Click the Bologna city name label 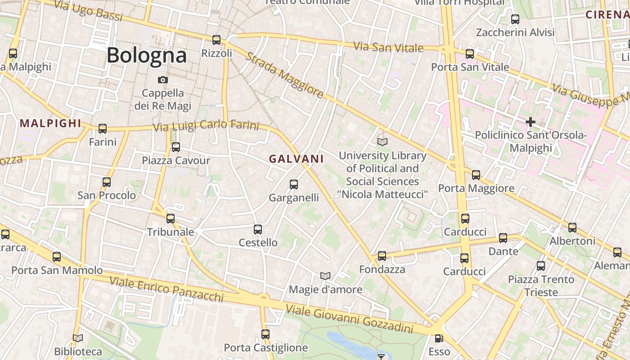pos(146,55)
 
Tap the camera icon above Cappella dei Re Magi pos(163,80)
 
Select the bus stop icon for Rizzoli pos(216,40)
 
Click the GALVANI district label pos(297,159)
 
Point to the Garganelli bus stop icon pos(294,184)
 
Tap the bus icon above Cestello pos(258,229)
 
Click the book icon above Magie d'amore pos(325,275)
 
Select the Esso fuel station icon pos(439,338)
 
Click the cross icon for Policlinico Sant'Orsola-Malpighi pos(531,121)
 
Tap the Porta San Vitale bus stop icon pos(470,54)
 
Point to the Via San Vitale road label pos(388,47)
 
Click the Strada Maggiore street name pos(284,75)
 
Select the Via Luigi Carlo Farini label pos(206,126)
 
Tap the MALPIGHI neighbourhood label pos(50,123)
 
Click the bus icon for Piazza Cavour pos(176,147)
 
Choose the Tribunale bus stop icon pos(171,219)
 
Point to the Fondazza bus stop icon pos(382,256)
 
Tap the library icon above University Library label pos(382,142)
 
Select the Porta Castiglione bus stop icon pos(265,334)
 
